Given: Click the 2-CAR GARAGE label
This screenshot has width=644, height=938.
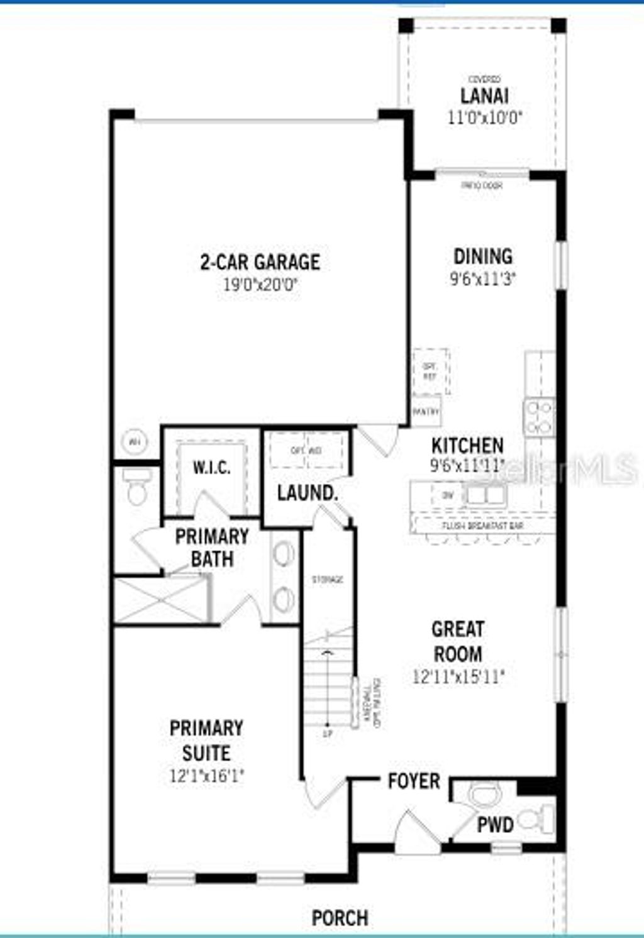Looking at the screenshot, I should pyautogui.click(x=260, y=262).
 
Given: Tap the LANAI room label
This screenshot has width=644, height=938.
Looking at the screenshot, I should pyautogui.click(x=484, y=96).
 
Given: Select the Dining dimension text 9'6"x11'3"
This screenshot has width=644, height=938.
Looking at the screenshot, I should pyautogui.click(x=483, y=279).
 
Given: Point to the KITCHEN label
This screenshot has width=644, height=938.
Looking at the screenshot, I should pyautogui.click(x=467, y=446).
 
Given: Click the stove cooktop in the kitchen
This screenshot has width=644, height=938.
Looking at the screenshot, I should pyautogui.click(x=540, y=417).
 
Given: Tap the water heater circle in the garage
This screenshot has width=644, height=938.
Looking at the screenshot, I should pyautogui.click(x=134, y=441).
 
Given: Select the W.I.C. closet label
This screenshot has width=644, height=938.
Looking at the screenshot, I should pyautogui.click(x=211, y=468).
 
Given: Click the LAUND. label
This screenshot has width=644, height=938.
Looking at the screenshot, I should pyautogui.click(x=308, y=493).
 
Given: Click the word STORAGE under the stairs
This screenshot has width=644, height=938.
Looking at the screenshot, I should pyautogui.click(x=328, y=579).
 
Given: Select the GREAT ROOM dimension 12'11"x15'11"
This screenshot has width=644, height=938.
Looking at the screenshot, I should pyautogui.click(x=458, y=677).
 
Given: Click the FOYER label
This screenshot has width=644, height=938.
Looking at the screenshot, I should pyautogui.click(x=413, y=781).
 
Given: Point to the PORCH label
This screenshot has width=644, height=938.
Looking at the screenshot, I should pyautogui.click(x=340, y=918).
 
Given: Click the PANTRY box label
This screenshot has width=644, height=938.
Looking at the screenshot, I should pyautogui.click(x=426, y=411).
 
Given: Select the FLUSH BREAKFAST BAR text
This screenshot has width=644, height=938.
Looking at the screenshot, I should pyautogui.click(x=482, y=526).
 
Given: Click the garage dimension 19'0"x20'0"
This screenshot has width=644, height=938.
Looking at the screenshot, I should pyautogui.click(x=260, y=284).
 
